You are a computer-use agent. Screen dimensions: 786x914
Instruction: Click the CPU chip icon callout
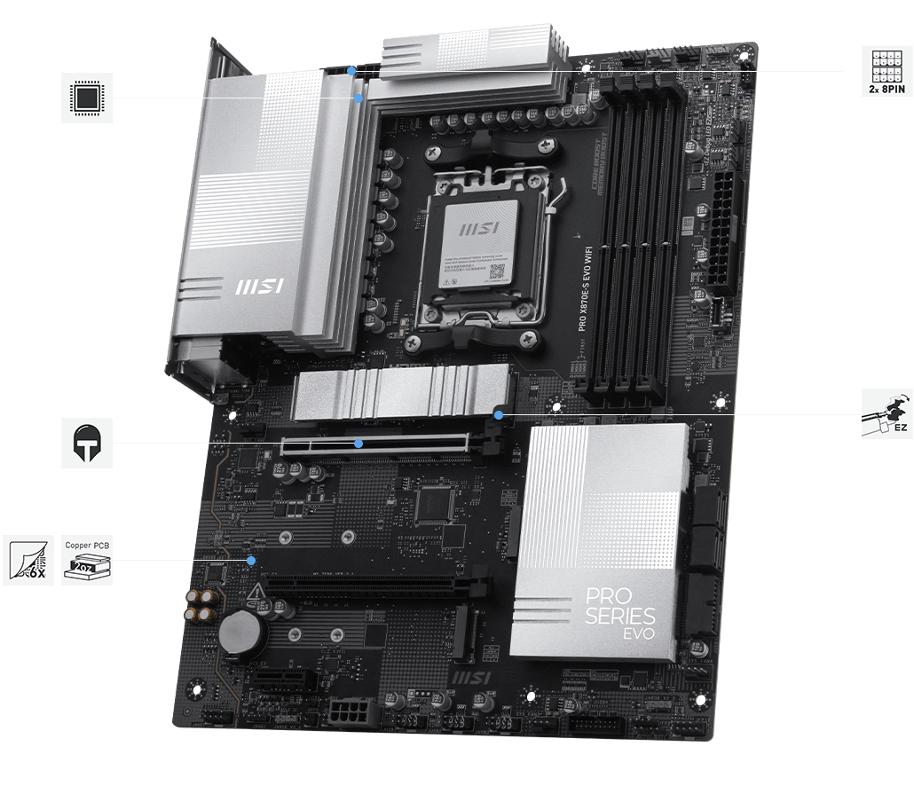pyautogui.click(x=87, y=98)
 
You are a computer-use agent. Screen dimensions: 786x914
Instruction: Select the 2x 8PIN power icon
pyautogui.click(x=887, y=72)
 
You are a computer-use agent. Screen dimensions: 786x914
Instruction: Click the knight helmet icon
pyautogui.click(x=87, y=442)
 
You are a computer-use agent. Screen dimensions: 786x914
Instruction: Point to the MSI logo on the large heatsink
pyautogui.click(x=258, y=287)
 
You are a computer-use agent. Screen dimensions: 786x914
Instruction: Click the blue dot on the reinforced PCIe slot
pyautogui.click(x=359, y=443)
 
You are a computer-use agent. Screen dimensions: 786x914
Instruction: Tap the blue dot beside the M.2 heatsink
pyautogui.click(x=499, y=414)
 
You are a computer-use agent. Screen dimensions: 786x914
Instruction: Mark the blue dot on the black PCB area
pyautogui.click(x=252, y=560)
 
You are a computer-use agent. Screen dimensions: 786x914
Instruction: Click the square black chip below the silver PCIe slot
pyautogui.click(x=434, y=502)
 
